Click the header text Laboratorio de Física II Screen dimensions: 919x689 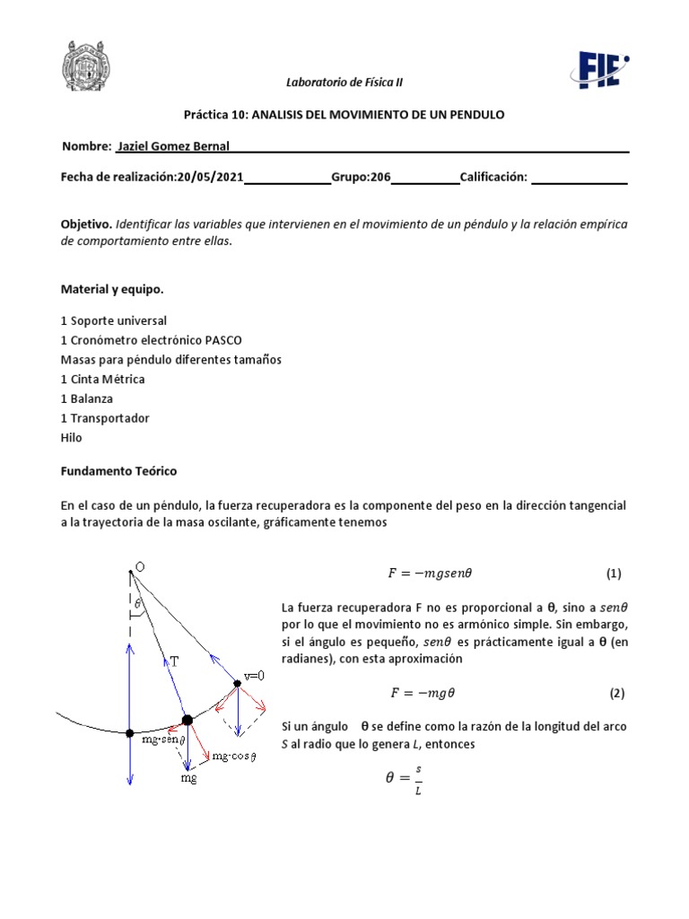pyautogui.click(x=344, y=82)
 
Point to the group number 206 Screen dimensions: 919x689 pyautogui.click(x=380, y=178)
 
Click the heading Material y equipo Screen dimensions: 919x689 pyautogui.click(x=112, y=290)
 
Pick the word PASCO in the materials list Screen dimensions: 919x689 pyautogui.click(x=222, y=340)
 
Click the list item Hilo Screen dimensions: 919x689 pyautogui.click(x=71, y=437)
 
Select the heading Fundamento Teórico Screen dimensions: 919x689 pyautogui.click(x=118, y=470)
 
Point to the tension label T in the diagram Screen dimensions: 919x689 pyautogui.click(x=175, y=661)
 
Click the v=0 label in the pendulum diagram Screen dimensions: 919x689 pyautogui.click(x=257, y=675)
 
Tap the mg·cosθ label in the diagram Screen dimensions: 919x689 pyautogui.click(x=235, y=757)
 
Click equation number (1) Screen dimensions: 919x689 pyautogui.click(x=614, y=573)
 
